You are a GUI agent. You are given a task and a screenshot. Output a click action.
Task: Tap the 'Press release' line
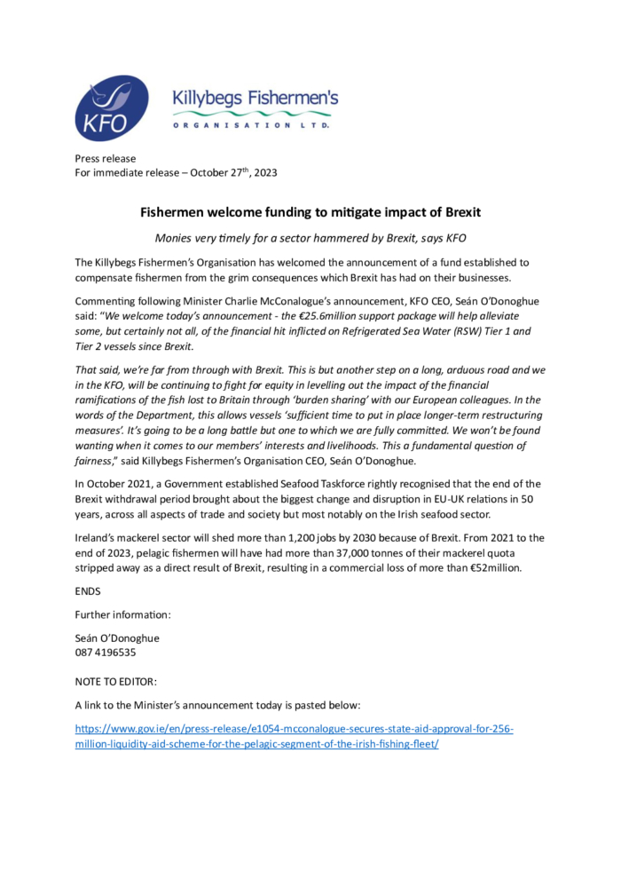pos(106,158)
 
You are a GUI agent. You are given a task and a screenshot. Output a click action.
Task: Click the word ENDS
pos(88,590)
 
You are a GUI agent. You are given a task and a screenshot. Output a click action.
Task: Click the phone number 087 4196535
pos(106,653)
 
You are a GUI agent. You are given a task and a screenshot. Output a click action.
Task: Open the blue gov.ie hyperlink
pos(293,729)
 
